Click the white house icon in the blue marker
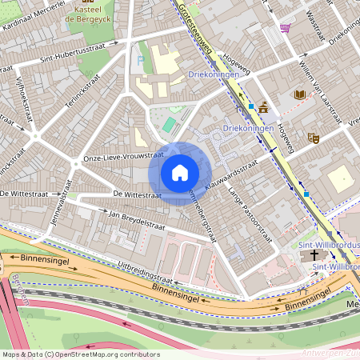coord(180,172)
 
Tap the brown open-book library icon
coord(299,94)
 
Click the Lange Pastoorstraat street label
coord(248,214)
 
